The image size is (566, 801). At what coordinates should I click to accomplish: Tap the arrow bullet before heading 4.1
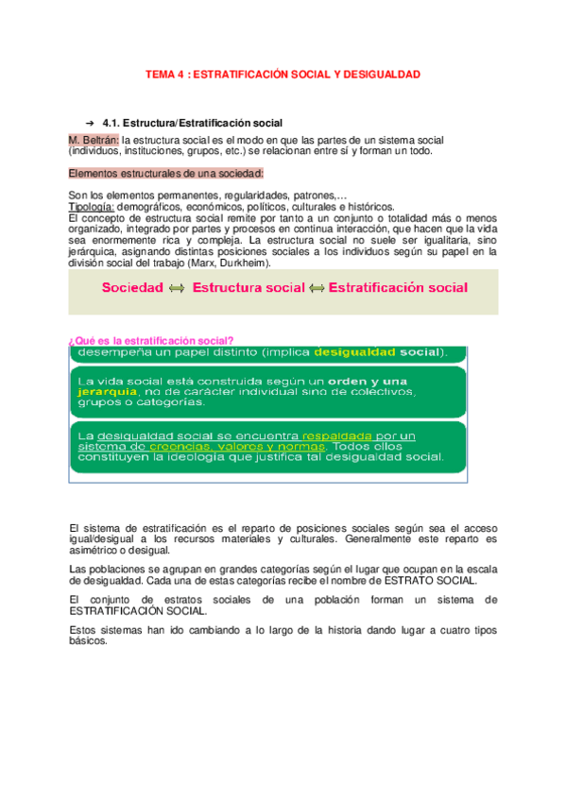click(x=90, y=124)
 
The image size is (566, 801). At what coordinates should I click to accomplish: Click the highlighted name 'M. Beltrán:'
click(x=94, y=140)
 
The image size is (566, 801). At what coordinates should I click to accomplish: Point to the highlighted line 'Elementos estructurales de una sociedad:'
click(x=167, y=174)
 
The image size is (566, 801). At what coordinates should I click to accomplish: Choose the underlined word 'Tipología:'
click(x=93, y=206)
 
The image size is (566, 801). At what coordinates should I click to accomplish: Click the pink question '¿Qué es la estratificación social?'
click(x=152, y=341)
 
